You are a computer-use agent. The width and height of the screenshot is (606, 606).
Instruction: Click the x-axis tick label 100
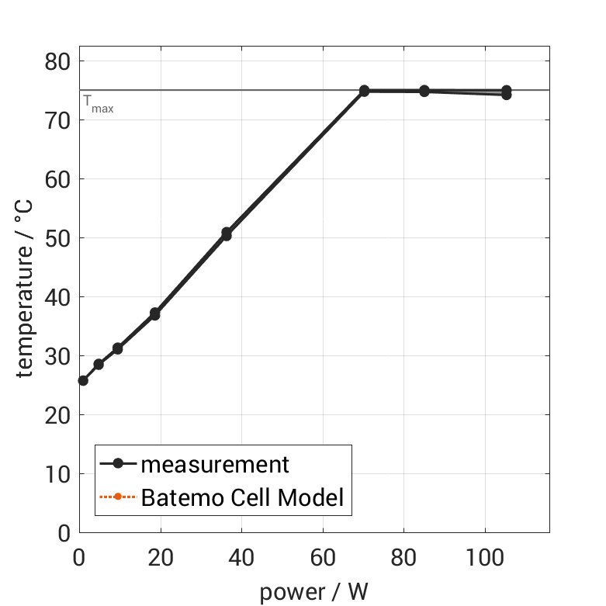coord(484,557)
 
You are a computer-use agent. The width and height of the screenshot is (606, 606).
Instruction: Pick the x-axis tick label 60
coord(322,557)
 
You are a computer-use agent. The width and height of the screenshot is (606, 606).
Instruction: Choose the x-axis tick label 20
coord(160,557)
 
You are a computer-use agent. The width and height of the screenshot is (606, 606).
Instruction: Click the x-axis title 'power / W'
coord(313,591)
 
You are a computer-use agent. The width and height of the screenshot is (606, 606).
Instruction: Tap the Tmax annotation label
coord(98,103)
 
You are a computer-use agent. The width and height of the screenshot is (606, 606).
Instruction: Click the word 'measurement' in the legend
coord(215,464)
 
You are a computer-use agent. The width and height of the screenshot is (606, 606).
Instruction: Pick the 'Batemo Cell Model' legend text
coord(242,497)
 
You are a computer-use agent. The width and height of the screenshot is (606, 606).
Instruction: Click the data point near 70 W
coord(364,91)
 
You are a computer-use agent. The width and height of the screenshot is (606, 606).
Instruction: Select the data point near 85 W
coord(424,91)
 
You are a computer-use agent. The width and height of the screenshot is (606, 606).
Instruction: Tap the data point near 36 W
coord(227,234)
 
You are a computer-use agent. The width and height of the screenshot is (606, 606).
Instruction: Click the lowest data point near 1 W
coord(83,380)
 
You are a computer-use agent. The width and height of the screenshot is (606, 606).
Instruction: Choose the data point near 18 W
coord(154,314)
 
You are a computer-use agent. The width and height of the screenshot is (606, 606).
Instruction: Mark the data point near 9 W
coord(117,348)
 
